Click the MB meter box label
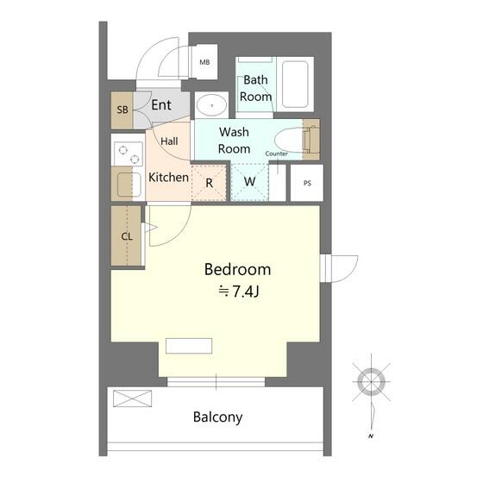click(204, 62)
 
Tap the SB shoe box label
click(122, 110)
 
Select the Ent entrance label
click(161, 105)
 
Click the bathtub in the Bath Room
click(295, 85)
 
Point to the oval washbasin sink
click(212, 105)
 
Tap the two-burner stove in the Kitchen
click(129, 154)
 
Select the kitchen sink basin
click(129, 185)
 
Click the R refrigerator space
click(209, 183)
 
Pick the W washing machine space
click(249, 182)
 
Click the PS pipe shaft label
click(307, 183)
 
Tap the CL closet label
click(127, 236)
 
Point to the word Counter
click(276, 154)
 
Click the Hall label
click(169, 141)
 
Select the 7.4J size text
click(245, 292)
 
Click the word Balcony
click(217, 417)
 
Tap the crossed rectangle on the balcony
click(133, 398)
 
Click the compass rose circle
click(372, 382)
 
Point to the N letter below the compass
click(371, 436)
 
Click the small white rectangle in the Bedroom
click(189, 346)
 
